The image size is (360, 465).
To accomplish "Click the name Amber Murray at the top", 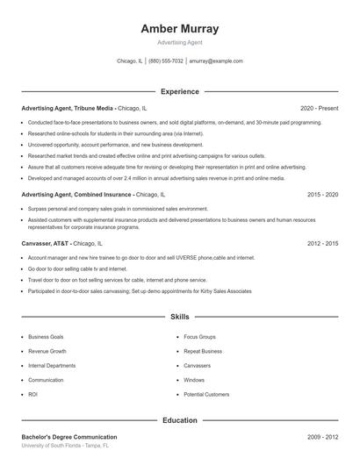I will [179, 29].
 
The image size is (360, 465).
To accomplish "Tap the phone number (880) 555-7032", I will [166, 61].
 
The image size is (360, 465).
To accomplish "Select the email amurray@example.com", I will [216, 61].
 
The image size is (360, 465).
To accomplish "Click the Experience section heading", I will [179, 91].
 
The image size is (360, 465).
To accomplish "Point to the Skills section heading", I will [179, 316].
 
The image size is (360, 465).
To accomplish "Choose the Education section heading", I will [179, 420].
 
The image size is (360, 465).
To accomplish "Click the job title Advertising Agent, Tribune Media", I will [68, 107].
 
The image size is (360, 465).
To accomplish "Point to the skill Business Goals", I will [46, 336].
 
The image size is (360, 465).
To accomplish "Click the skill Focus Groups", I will [199, 336].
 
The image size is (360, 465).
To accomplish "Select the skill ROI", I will [33, 395].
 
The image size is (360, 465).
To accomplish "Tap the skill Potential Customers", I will [206, 395].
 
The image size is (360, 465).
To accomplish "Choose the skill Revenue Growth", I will [47, 351].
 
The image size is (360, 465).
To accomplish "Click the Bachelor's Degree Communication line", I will [69, 436].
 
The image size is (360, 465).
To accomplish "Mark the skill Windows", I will [194, 380].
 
